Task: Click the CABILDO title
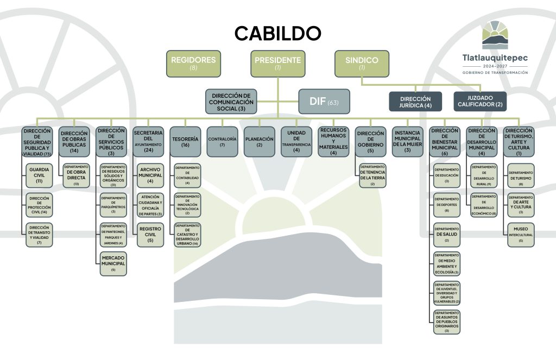click(277, 33)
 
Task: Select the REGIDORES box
click(193, 64)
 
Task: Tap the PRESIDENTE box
click(277, 64)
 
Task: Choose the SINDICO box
click(362, 64)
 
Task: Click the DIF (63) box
click(324, 102)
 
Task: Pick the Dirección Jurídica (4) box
click(416, 102)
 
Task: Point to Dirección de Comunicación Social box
click(232, 102)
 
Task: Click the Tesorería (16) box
click(185, 142)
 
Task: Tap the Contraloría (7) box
click(222, 142)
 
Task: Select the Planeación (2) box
click(259, 142)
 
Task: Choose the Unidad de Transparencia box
click(296, 142)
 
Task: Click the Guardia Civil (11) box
click(39, 175)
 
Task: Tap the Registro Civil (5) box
click(150, 235)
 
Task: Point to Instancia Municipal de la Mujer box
click(407, 142)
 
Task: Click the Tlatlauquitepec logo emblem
click(495, 35)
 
